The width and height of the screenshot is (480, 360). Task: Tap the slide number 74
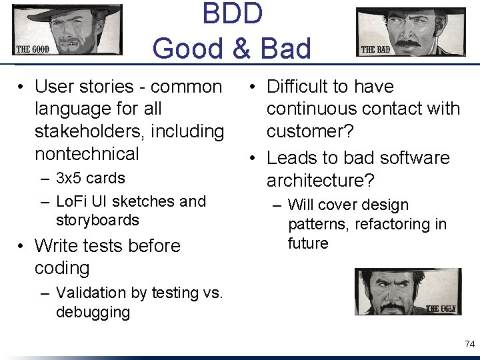point(469,344)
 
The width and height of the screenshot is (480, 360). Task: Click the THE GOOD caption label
point(33,49)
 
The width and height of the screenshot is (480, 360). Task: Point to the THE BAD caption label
point(375,49)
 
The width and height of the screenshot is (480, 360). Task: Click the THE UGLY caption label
point(441,309)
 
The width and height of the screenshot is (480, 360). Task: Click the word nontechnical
point(87,154)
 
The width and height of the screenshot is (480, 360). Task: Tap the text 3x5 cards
point(91,179)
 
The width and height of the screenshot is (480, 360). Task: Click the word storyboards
point(97,220)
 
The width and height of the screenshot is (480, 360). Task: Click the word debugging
point(93,312)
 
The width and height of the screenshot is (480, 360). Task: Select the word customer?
point(310,131)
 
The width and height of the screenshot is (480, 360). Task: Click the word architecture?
point(321,181)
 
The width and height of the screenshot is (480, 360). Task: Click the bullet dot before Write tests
point(22,246)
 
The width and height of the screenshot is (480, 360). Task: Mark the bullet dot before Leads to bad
point(254,159)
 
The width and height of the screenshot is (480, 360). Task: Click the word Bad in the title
point(285,49)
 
